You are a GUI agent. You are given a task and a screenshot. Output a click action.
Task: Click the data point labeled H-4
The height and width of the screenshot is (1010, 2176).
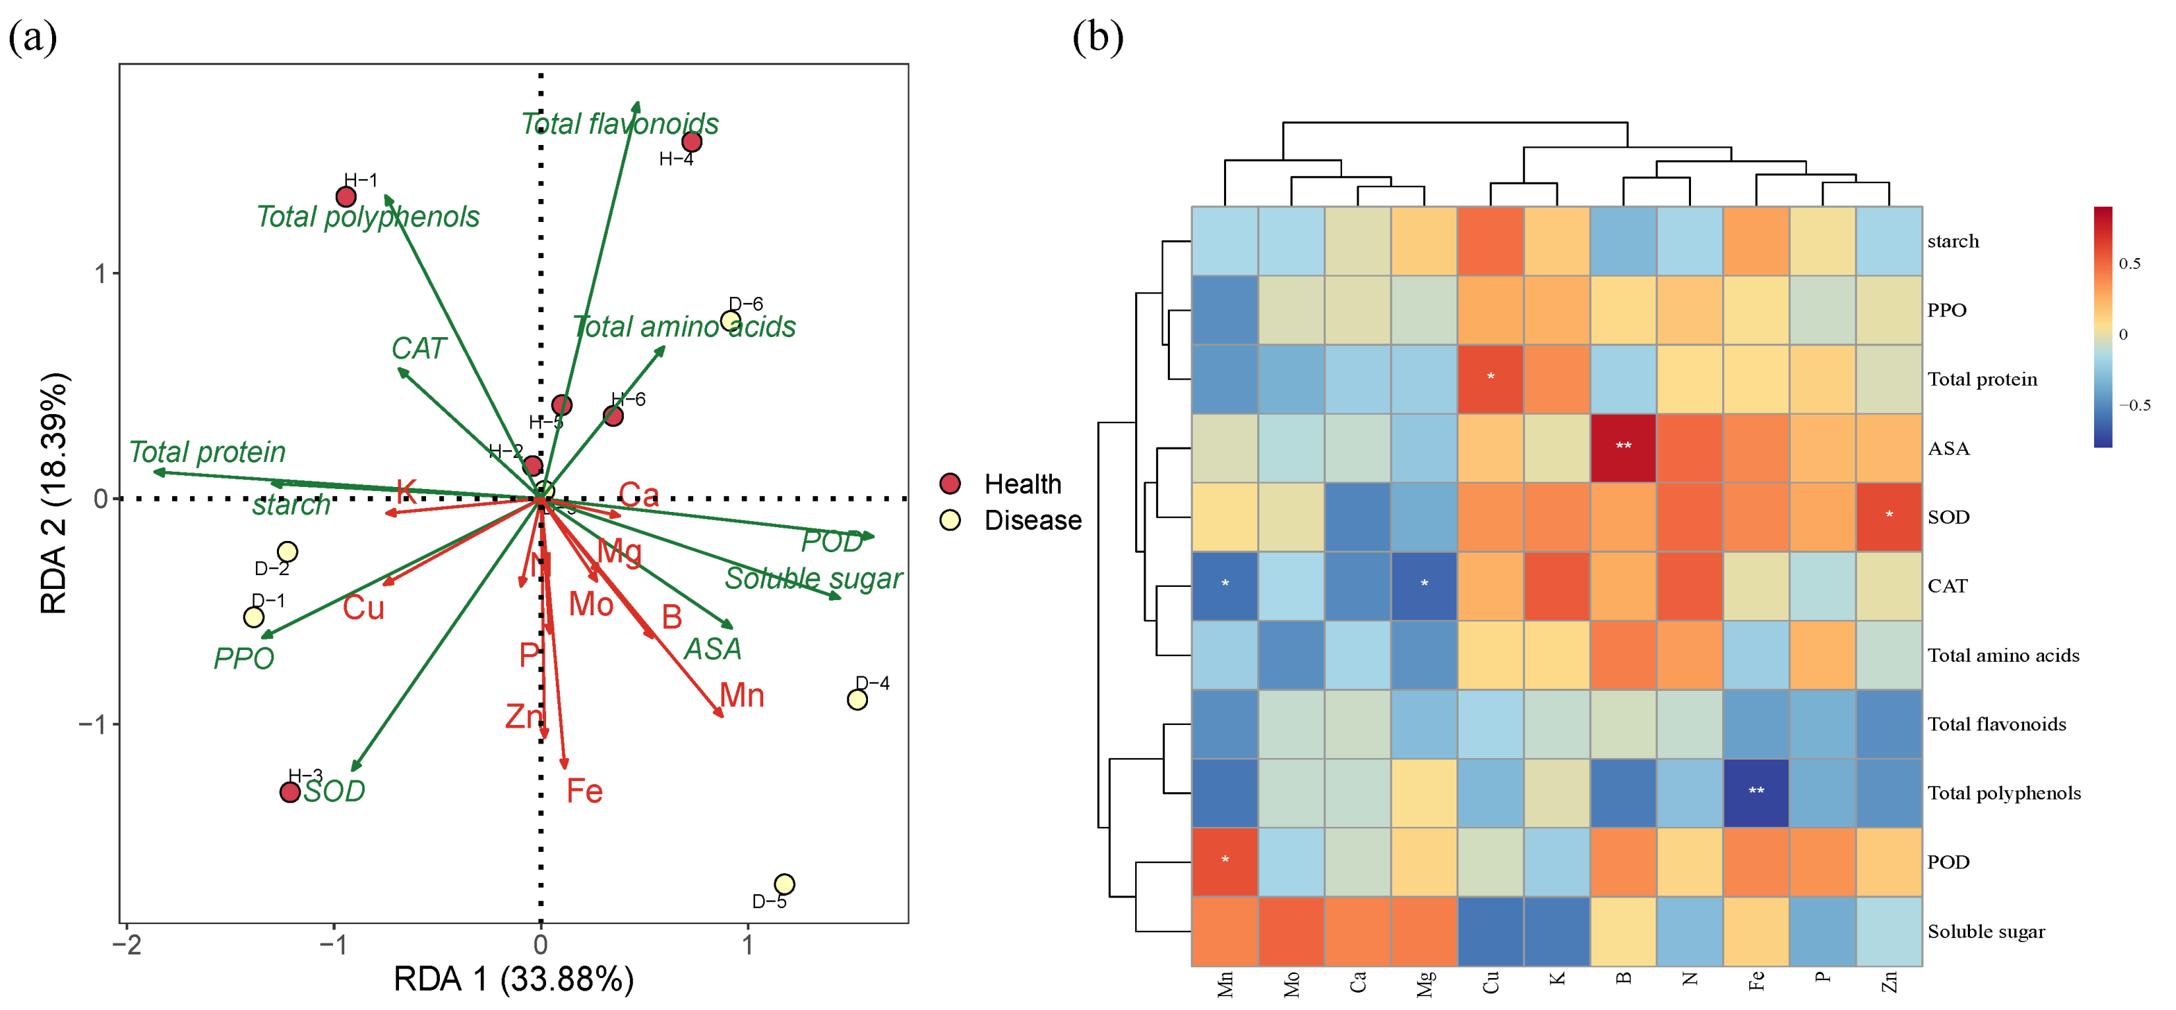click(x=692, y=142)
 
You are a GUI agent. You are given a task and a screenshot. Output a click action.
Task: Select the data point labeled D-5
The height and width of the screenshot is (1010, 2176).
click(x=784, y=884)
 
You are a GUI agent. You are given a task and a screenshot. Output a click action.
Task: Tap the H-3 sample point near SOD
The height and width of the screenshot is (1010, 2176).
click(x=290, y=792)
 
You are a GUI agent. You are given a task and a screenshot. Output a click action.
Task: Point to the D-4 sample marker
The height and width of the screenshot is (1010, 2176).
click(x=856, y=699)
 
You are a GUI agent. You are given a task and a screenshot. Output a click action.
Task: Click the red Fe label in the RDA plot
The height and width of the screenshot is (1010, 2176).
click(x=584, y=791)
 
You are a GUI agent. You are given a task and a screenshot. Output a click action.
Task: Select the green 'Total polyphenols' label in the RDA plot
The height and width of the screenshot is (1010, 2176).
click(x=368, y=217)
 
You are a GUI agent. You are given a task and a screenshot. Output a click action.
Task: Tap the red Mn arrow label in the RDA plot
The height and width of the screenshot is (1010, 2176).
click(x=742, y=696)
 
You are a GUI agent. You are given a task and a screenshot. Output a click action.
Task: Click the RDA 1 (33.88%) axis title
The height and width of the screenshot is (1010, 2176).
click(x=513, y=979)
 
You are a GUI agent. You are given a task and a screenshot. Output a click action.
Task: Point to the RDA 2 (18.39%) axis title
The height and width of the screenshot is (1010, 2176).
click(x=53, y=493)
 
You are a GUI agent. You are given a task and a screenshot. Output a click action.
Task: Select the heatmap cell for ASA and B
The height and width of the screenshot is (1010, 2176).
click(x=1623, y=447)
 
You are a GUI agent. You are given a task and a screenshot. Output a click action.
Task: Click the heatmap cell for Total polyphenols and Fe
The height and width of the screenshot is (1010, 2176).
click(x=1756, y=792)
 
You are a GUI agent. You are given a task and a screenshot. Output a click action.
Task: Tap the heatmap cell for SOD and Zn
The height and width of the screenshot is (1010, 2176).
click(x=1889, y=517)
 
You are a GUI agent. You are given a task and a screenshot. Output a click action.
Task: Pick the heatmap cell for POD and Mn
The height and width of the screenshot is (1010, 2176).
click(x=1225, y=862)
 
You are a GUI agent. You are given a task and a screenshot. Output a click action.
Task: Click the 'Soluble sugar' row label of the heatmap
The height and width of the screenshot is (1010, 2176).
click(x=1986, y=932)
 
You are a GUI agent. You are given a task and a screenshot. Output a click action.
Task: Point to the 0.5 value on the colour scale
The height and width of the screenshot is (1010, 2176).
click(x=2129, y=264)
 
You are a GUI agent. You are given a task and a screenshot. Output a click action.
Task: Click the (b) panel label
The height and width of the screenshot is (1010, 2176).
click(x=1097, y=37)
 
